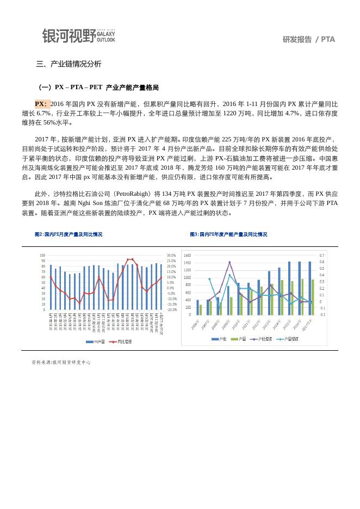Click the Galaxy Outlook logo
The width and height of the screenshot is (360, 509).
[x=79, y=35]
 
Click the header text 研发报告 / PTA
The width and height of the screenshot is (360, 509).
[x=309, y=39]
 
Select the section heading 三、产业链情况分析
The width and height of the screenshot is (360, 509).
[x=69, y=64]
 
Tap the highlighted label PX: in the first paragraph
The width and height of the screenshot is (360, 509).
[x=41, y=104]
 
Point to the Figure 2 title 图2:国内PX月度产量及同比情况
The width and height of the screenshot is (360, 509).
[x=69, y=234]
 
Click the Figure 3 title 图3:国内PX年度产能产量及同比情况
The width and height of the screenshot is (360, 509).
[x=228, y=234]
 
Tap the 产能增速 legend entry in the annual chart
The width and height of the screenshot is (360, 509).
[x=262, y=339]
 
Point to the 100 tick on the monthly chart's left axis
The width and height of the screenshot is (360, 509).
[x=42, y=256]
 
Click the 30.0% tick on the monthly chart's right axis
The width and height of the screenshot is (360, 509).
[x=171, y=256]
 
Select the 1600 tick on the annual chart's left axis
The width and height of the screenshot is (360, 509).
[x=187, y=256]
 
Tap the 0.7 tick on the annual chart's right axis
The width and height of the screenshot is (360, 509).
[x=322, y=256]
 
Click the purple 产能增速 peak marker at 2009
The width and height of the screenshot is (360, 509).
[x=229, y=262]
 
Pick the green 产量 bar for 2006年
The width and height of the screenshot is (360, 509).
[x=201, y=309]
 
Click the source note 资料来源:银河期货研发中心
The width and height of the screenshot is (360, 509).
[x=61, y=362]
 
